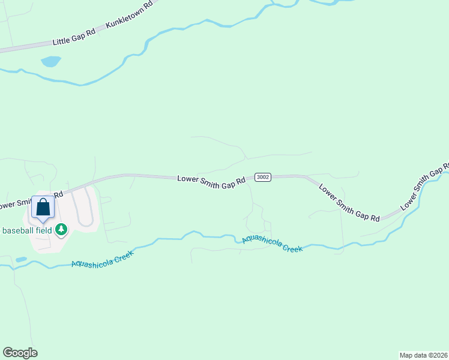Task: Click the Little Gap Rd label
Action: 74,37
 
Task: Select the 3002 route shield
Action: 262,177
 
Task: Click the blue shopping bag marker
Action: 43,208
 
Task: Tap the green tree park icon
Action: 61,229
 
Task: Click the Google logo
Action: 20,353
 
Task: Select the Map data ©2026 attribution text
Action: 423,355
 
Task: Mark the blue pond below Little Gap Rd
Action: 50,61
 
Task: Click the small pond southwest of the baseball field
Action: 22,260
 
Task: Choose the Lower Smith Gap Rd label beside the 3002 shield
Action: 211,181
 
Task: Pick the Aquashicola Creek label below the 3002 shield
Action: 272,244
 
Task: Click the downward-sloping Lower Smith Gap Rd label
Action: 349,203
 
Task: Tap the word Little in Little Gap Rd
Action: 62,40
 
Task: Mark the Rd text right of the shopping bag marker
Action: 58,194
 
